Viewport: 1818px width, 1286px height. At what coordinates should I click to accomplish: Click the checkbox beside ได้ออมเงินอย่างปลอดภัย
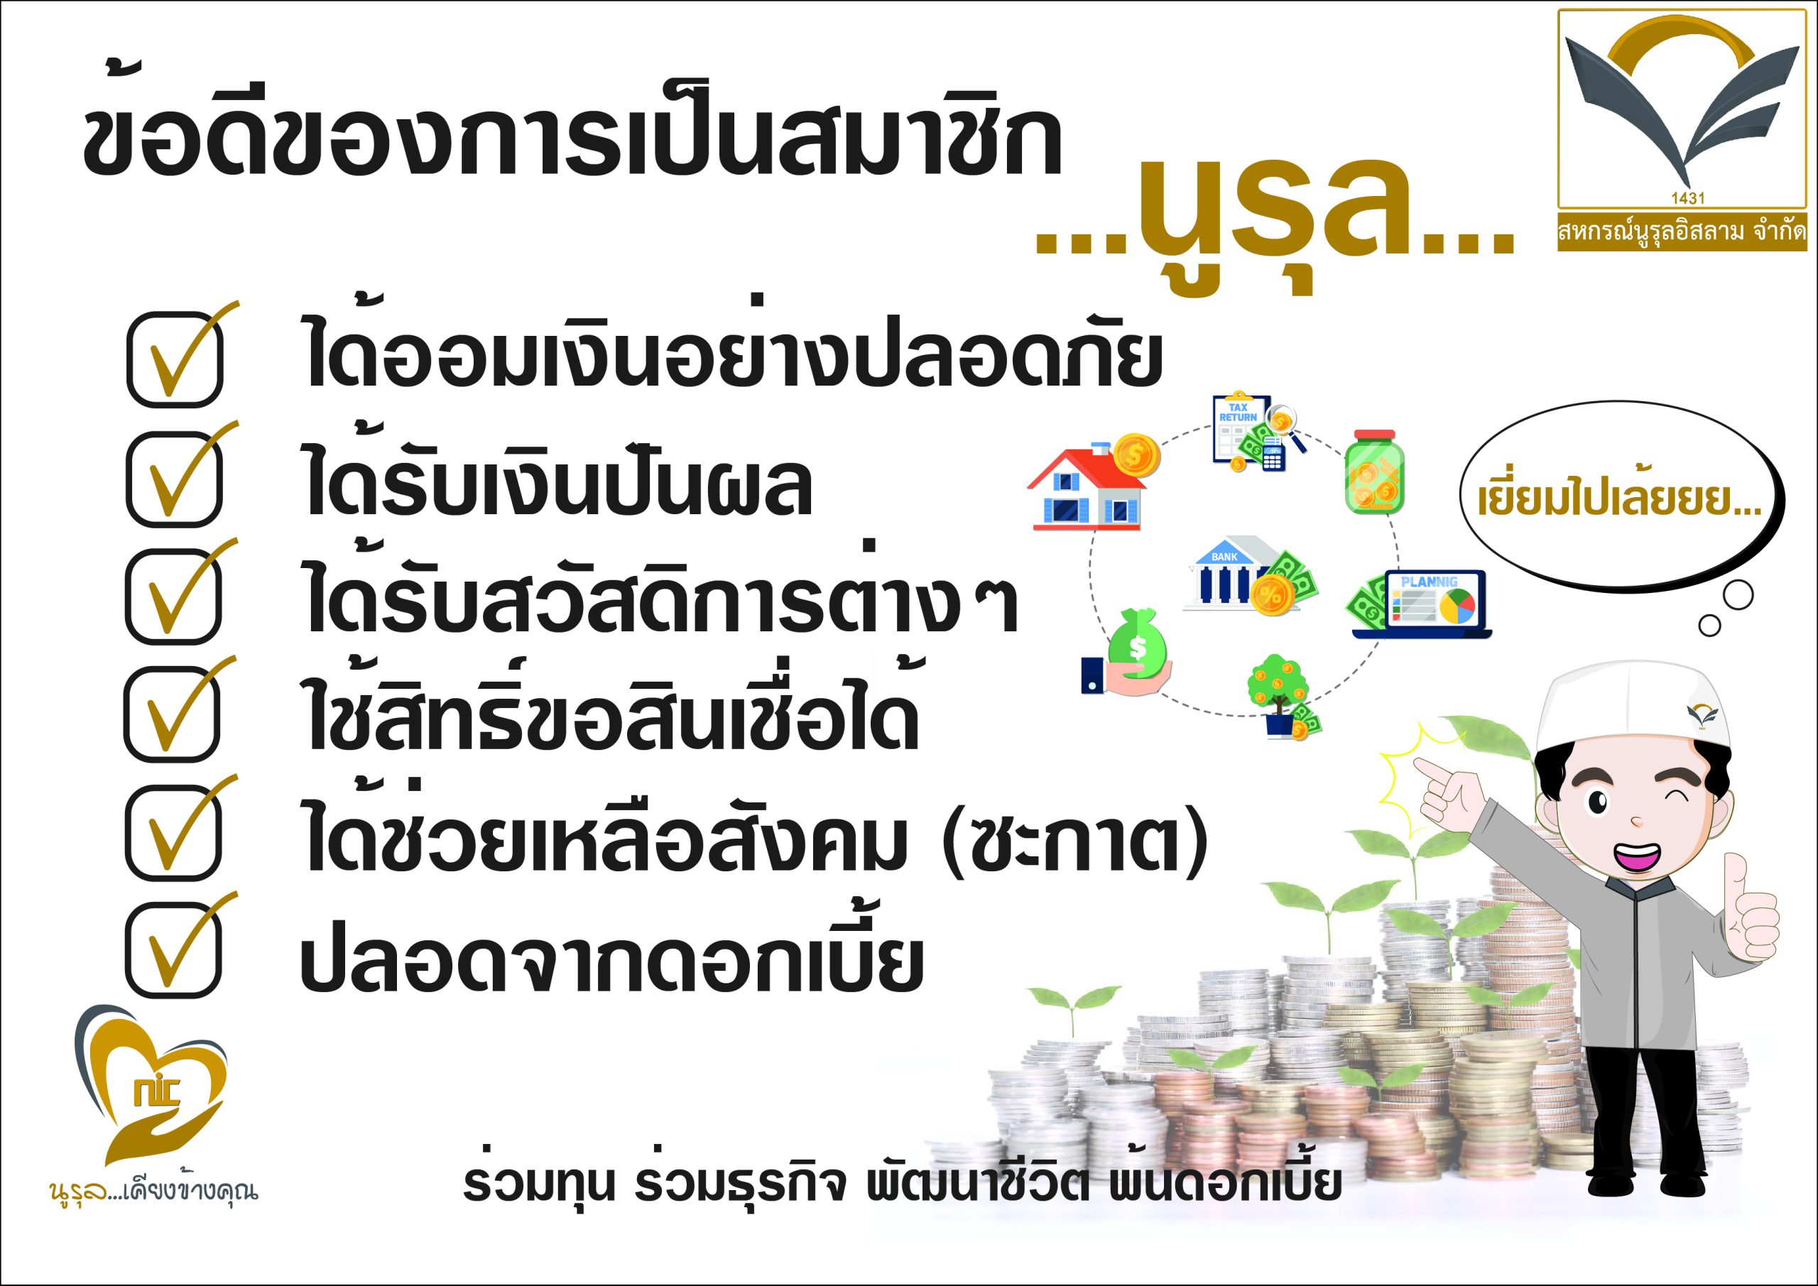(175, 359)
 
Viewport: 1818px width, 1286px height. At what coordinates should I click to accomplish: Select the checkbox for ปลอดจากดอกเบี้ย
(173, 949)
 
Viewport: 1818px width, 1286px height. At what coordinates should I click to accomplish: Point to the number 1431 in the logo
(1687, 198)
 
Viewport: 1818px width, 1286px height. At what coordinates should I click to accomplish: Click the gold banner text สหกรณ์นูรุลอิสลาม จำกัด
(1682, 232)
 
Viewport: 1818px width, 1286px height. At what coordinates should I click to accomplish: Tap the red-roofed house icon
(1094, 482)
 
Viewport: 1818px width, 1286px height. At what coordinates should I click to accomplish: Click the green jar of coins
(1373, 472)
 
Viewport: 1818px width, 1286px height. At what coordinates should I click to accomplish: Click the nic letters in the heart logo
(157, 1092)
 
